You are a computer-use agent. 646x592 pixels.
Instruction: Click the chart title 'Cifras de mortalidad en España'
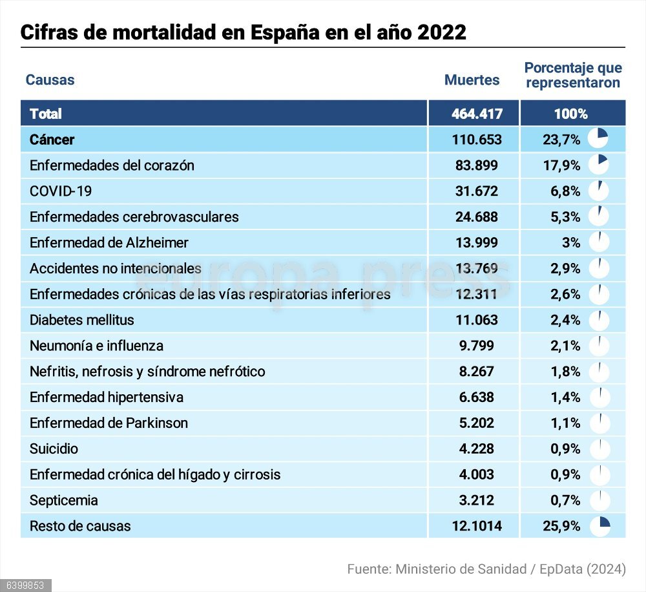(x=243, y=32)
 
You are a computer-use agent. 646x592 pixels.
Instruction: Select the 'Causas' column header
(x=50, y=80)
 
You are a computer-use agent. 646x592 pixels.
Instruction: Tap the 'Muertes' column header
(x=472, y=80)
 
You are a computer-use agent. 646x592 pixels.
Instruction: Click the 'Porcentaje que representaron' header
(x=572, y=75)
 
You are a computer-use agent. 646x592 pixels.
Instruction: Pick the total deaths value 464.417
(x=476, y=114)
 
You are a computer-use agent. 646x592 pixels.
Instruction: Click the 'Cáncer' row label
(x=52, y=140)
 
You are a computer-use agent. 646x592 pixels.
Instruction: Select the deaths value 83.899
(x=476, y=165)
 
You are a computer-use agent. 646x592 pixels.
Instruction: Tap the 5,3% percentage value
(x=565, y=217)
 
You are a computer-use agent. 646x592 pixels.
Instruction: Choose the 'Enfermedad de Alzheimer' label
(x=109, y=242)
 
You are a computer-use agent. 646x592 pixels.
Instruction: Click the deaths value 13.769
(x=476, y=268)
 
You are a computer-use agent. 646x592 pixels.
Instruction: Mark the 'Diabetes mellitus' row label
(x=82, y=320)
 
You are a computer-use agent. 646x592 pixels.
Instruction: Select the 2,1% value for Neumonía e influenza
(x=565, y=346)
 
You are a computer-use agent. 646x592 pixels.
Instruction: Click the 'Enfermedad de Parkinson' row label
(x=109, y=423)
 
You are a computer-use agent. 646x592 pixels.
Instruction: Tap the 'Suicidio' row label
(x=54, y=449)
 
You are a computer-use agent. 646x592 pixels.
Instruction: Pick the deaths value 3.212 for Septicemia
(x=476, y=500)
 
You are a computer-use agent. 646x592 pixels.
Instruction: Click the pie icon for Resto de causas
(x=599, y=526)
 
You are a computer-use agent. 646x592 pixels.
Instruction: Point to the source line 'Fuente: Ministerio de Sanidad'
(x=486, y=569)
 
